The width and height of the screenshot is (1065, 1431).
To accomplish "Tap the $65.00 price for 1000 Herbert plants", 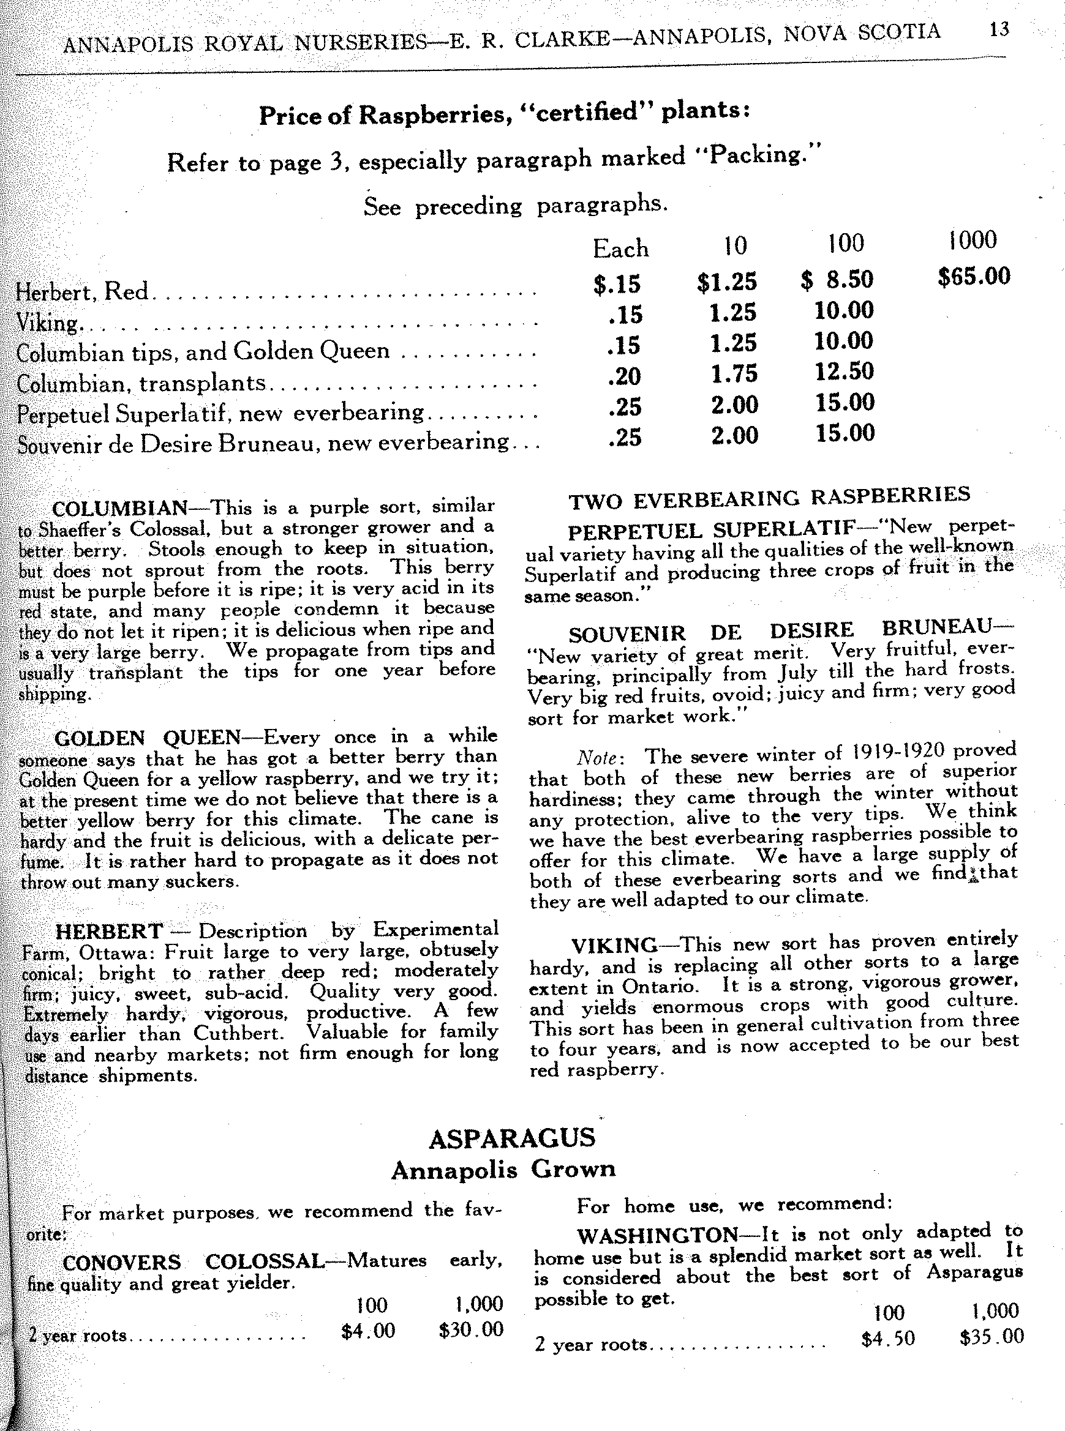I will pyautogui.click(x=974, y=277).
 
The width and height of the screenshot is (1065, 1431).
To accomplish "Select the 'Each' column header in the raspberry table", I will pyautogui.click(x=620, y=248).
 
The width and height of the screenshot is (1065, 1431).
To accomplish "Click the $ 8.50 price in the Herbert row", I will pyautogui.click(x=837, y=280).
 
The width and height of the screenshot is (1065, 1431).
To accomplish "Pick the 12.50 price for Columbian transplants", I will pyautogui.click(x=844, y=371).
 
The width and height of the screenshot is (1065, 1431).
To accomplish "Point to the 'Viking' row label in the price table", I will pyautogui.click(x=47, y=322).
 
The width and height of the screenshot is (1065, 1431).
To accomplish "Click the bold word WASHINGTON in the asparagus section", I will pyautogui.click(x=657, y=1235).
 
